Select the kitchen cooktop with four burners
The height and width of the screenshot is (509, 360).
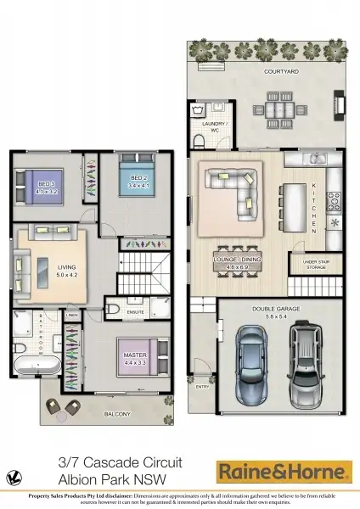click(x=334, y=201)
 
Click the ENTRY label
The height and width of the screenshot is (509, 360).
click(x=201, y=386)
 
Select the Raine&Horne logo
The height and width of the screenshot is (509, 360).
click(x=284, y=470)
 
